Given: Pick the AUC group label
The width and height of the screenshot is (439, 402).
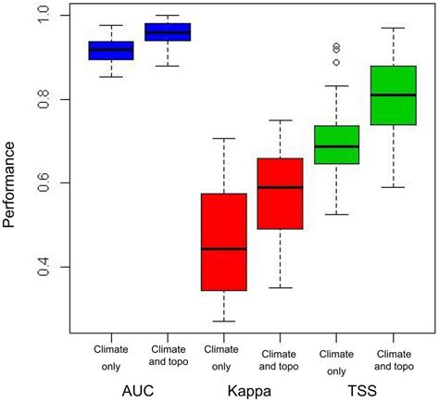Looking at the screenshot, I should click(x=140, y=392).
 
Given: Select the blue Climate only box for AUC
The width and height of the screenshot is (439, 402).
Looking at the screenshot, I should click(x=111, y=51).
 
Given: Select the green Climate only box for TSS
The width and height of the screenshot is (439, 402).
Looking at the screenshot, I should click(x=335, y=145).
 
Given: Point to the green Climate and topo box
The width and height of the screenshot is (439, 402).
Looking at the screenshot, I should click(x=393, y=107).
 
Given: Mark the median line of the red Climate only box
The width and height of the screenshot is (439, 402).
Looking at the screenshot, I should click(x=223, y=249).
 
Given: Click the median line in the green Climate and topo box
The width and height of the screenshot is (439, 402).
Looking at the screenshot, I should click(x=393, y=94).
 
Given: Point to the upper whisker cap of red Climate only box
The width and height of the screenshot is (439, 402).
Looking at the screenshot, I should click(x=223, y=138).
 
